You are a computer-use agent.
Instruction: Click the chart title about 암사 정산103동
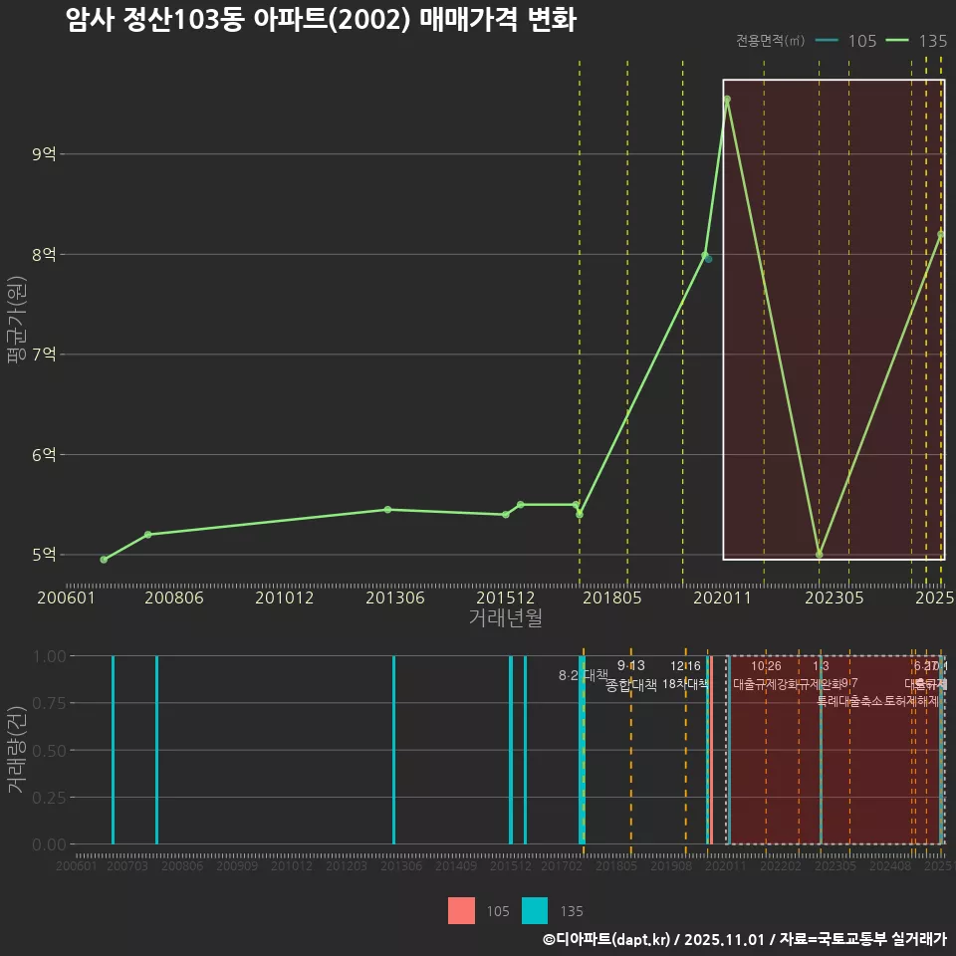tap(321, 20)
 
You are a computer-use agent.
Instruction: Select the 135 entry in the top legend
tap(916, 41)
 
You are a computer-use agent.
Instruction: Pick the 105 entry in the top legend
tap(846, 41)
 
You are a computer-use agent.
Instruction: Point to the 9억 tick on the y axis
tap(45, 154)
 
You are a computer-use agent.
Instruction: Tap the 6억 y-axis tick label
tap(45, 455)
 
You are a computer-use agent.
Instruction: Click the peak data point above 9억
tap(727, 100)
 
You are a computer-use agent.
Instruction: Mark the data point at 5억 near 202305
tap(819, 554)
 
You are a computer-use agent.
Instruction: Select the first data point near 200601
tap(104, 560)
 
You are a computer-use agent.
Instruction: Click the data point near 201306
tap(387, 509)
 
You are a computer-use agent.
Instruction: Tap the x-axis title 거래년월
tap(505, 617)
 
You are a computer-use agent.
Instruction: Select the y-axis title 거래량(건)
tap(15, 750)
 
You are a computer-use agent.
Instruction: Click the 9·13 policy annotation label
tap(631, 665)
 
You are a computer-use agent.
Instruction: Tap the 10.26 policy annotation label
tap(766, 666)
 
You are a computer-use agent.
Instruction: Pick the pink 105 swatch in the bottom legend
tap(461, 910)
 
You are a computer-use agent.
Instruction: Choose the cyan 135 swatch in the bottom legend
tap(535, 910)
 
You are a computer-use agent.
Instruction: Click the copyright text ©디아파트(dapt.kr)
tap(607, 939)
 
